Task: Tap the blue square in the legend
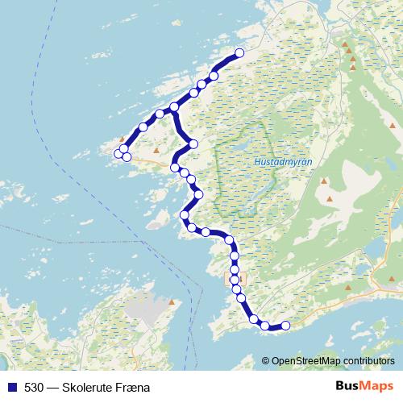tap(11, 387)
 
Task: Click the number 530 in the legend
tap(34, 387)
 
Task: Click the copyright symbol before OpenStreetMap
tap(266, 360)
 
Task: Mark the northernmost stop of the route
tap(239, 54)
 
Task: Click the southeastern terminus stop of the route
tap(285, 325)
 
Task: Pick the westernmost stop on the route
tap(118, 153)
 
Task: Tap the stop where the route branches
tap(174, 108)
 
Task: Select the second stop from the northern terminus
tap(214, 76)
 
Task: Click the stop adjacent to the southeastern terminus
tap(265, 326)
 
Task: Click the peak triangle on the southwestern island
tap(172, 304)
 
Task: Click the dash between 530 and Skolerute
tap(52, 387)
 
